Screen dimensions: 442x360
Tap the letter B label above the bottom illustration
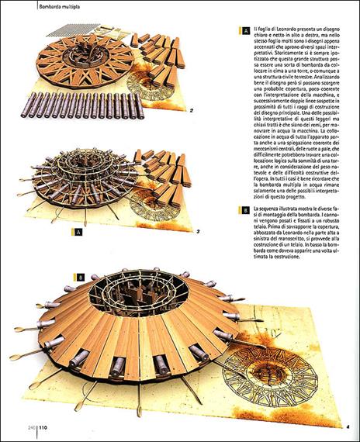coord(80,277)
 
